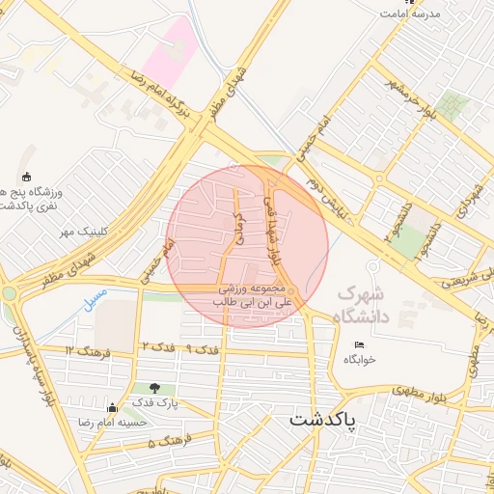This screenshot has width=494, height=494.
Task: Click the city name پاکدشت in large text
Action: point(322,421)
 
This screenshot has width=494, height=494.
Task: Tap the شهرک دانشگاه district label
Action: point(361,305)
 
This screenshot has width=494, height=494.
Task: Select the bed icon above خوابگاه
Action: point(360,344)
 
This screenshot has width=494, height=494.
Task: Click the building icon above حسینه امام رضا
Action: point(112,407)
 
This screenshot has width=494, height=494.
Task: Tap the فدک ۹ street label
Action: point(193,346)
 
